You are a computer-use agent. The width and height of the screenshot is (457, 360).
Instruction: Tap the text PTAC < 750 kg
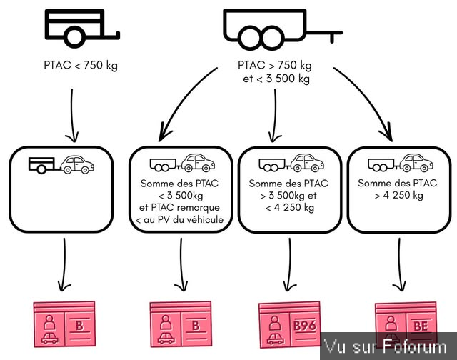pos(81,66)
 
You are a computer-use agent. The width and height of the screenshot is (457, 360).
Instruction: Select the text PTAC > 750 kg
pos(275,65)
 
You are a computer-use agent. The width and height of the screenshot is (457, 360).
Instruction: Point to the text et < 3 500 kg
pos(276,79)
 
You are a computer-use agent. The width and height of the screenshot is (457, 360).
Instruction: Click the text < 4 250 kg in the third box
pos(290,207)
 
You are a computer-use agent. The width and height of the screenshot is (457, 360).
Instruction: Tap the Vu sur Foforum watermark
pos(388,348)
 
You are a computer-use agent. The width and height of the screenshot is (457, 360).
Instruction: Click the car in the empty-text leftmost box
pos(78,165)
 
